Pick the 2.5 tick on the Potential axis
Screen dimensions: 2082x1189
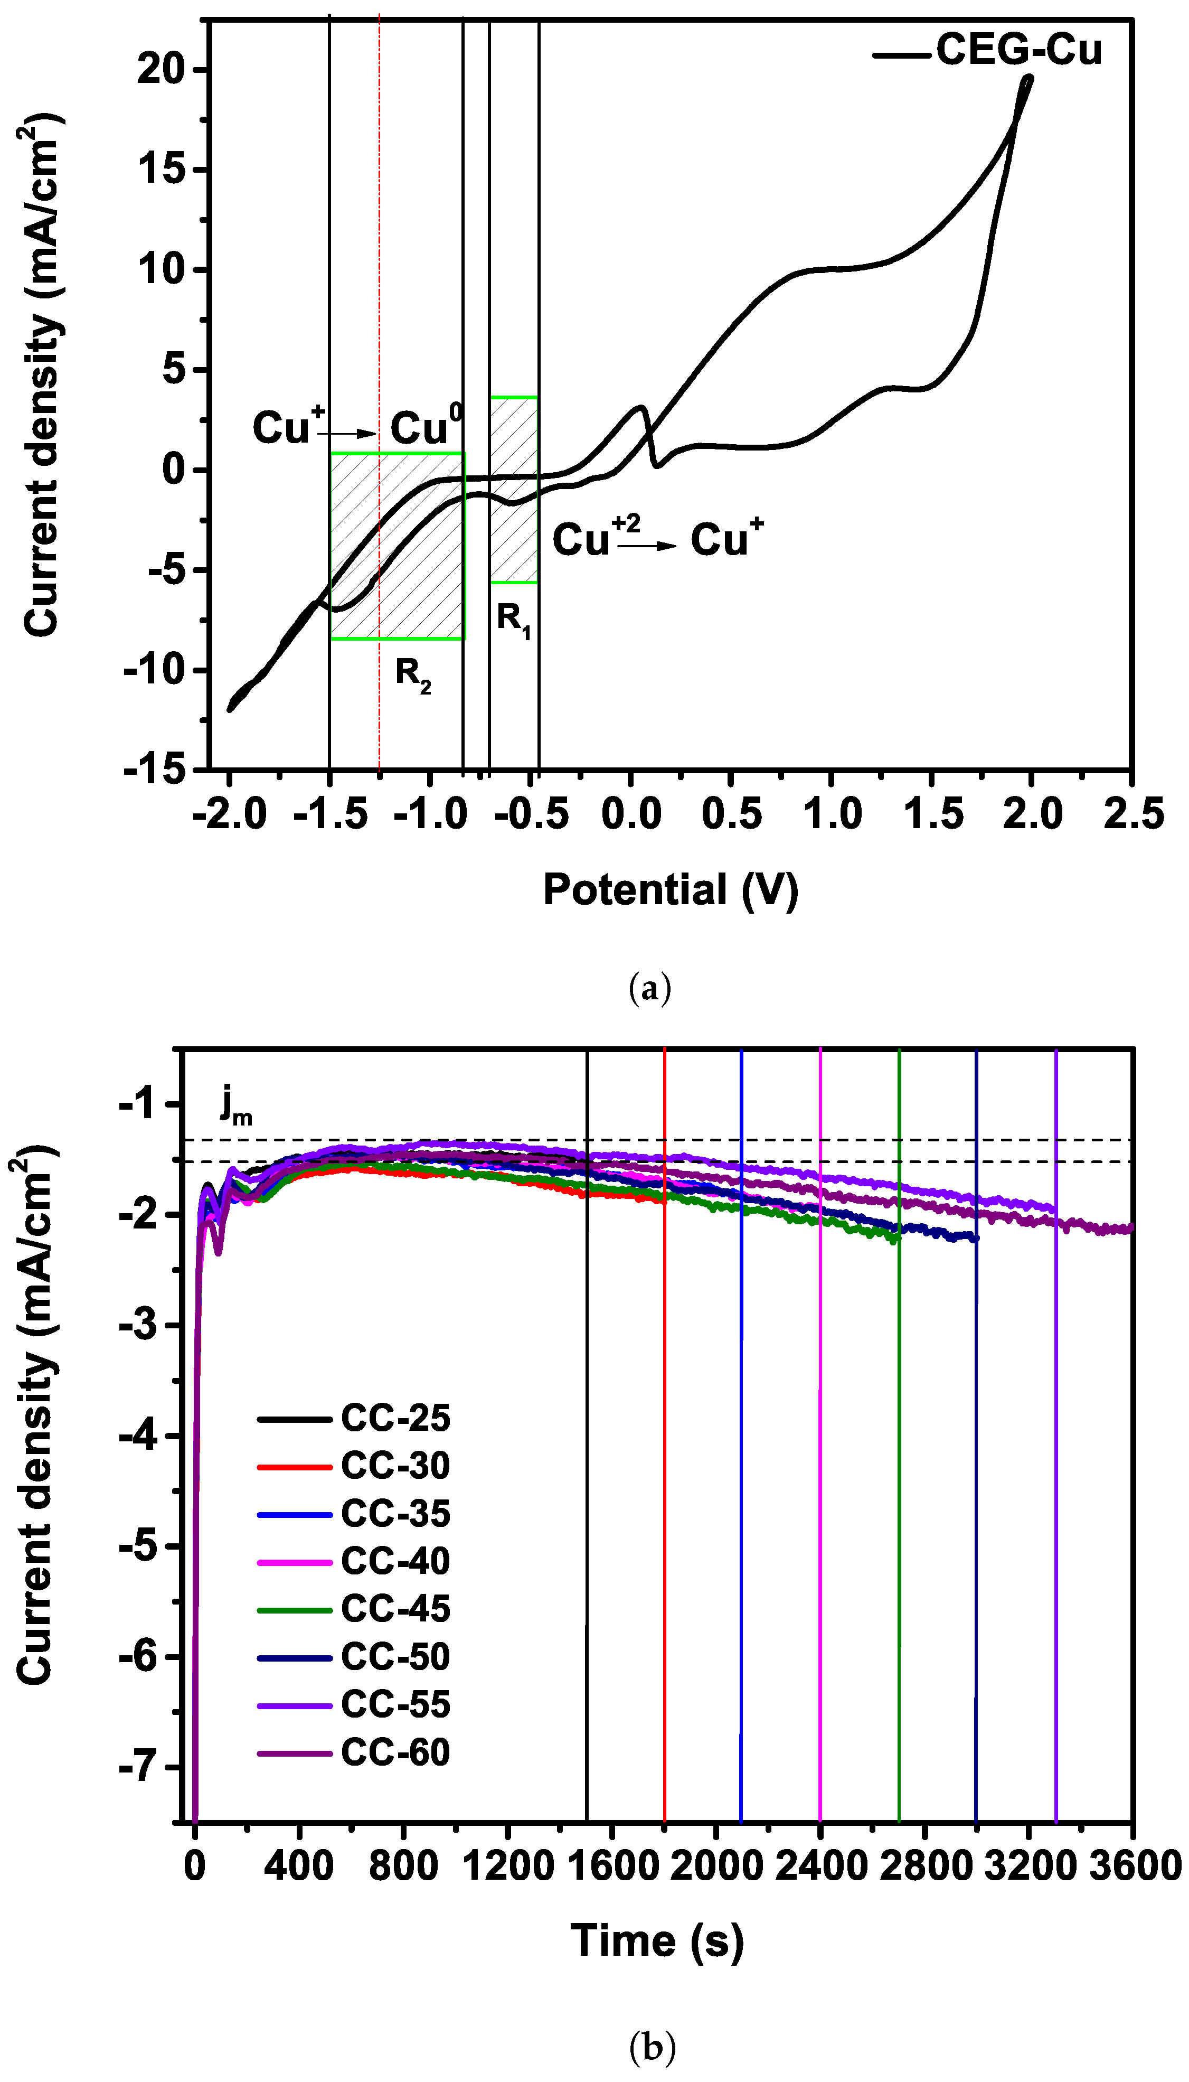[1133, 814]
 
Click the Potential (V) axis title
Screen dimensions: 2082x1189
[669, 890]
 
